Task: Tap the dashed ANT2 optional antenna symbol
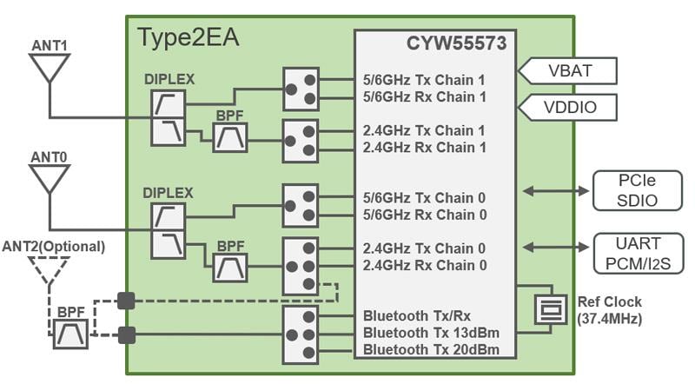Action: pos(49,268)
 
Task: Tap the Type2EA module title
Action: pos(188,38)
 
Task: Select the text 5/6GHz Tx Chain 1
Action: pos(424,79)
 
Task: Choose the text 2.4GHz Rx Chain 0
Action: pos(424,265)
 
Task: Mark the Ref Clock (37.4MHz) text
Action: pos(610,310)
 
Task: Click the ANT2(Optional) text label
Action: pos(54,247)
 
